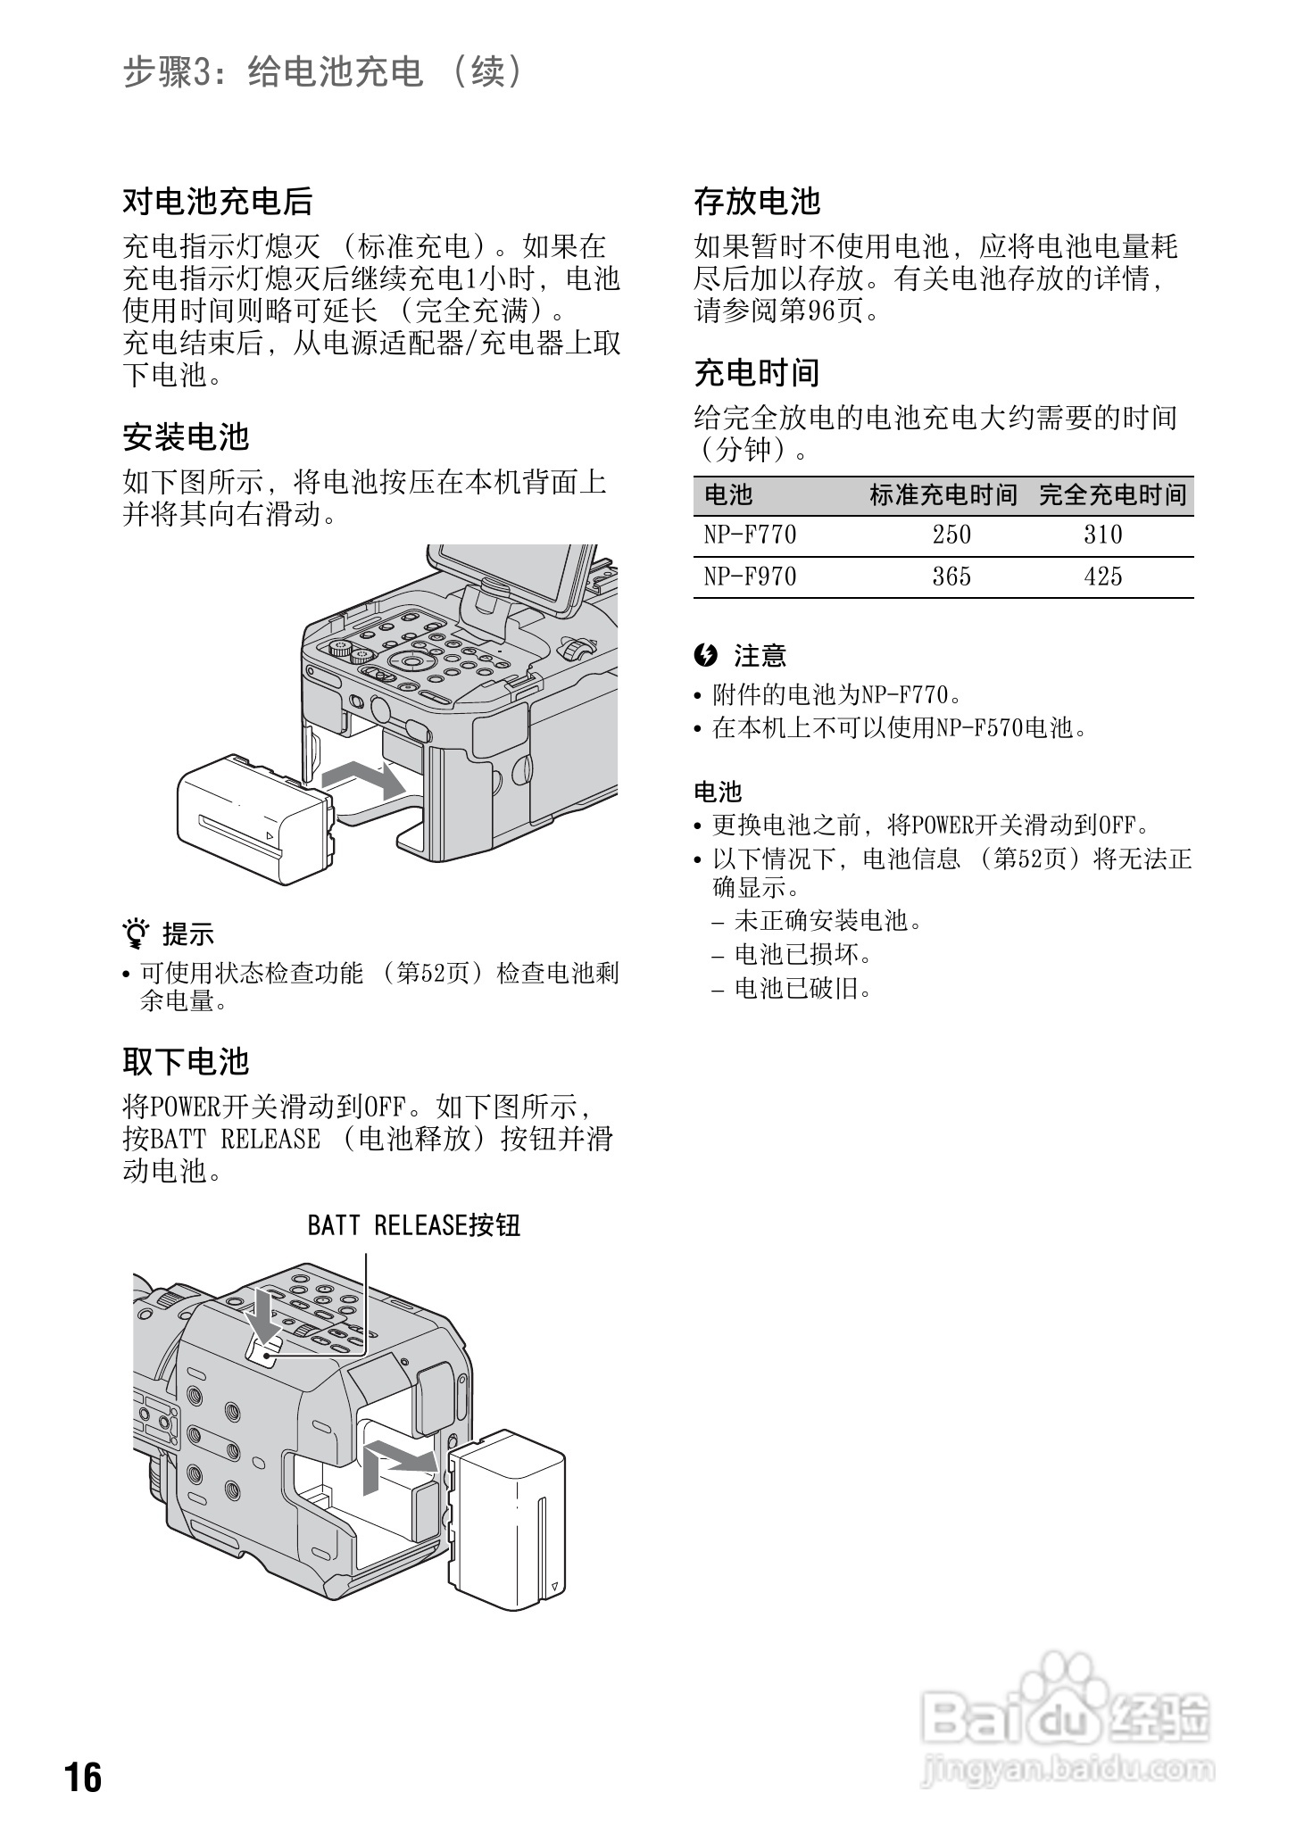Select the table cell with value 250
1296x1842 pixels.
(951, 535)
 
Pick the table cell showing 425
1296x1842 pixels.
(1102, 577)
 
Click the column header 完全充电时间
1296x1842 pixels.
(1113, 494)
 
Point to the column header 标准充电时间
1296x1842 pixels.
(943, 494)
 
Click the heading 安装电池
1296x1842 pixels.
(186, 437)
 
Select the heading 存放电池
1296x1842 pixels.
(757, 202)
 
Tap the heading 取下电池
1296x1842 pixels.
(186, 1061)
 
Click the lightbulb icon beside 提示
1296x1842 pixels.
(136, 933)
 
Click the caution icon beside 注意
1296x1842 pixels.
(705, 656)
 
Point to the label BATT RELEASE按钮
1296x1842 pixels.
(413, 1225)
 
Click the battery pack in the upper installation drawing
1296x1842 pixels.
(254, 812)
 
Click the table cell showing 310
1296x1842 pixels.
(1102, 535)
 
